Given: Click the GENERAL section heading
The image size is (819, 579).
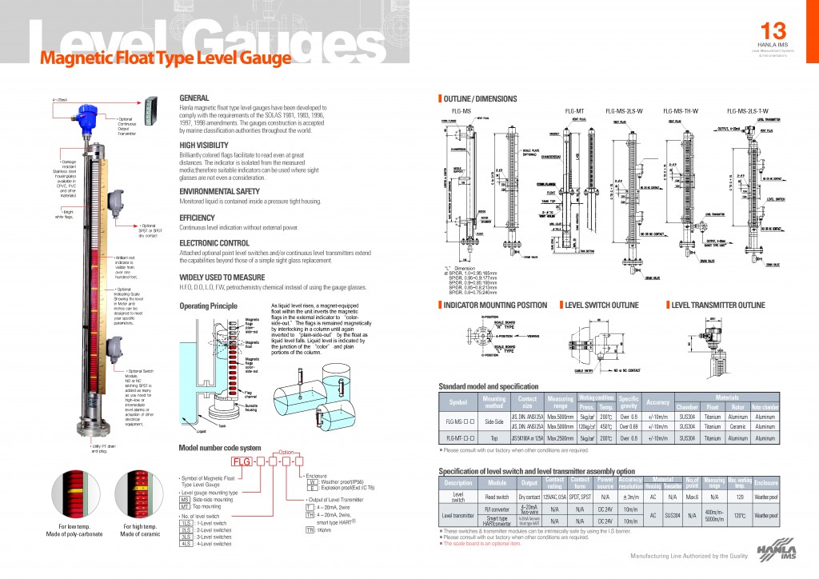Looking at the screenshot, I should pyautogui.click(x=194, y=97).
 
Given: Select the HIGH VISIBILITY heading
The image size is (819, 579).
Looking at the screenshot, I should pyautogui.click(x=204, y=145).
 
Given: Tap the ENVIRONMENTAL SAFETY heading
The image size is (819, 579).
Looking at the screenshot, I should pyautogui.click(x=218, y=192).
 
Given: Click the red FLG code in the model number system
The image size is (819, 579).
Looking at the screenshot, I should pyautogui.click(x=241, y=462).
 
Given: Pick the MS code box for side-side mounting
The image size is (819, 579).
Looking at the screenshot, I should pyautogui.click(x=185, y=499).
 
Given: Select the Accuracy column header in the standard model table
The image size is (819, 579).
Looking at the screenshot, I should pyautogui.click(x=658, y=402).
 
